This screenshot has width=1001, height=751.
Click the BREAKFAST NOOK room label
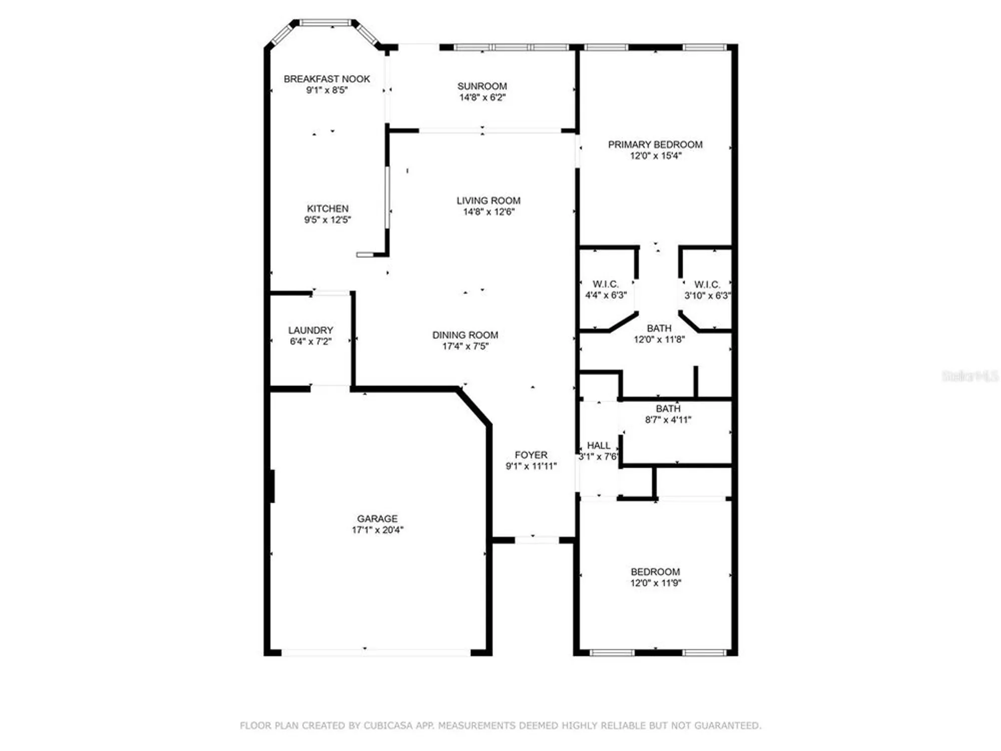point(326,79)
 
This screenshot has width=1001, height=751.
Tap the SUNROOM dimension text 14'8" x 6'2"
point(482,98)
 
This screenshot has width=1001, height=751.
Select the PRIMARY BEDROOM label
point(655,144)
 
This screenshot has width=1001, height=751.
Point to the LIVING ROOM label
point(488,200)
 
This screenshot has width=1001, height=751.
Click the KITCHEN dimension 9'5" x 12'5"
point(327,220)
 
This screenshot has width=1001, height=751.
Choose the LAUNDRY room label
point(310,330)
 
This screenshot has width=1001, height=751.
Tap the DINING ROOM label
point(465,334)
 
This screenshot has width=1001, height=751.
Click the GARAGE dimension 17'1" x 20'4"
point(377,530)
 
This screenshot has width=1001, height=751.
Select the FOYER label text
point(531,455)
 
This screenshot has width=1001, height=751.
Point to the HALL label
point(598,445)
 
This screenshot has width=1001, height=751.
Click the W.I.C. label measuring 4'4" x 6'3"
point(606,284)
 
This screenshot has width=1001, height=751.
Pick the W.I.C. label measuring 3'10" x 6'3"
point(707,284)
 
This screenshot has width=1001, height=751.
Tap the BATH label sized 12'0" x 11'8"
point(659,328)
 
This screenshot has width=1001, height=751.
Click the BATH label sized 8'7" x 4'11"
point(668,409)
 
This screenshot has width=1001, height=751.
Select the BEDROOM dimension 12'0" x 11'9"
point(655,583)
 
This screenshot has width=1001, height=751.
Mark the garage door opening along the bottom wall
point(375,652)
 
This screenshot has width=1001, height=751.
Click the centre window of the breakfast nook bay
point(325,23)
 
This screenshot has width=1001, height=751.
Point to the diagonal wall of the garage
point(473,407)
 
